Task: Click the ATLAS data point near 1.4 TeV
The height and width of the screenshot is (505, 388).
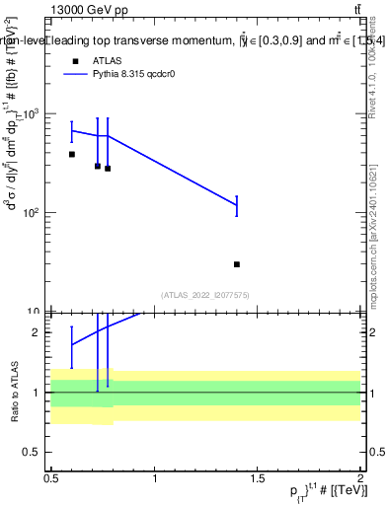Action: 237,264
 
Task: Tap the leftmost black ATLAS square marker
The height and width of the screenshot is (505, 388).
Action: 72,155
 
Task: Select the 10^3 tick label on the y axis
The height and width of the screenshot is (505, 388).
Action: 35,114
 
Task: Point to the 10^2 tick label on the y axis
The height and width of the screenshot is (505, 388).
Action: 35,213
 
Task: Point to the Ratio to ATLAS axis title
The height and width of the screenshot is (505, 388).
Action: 13,393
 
